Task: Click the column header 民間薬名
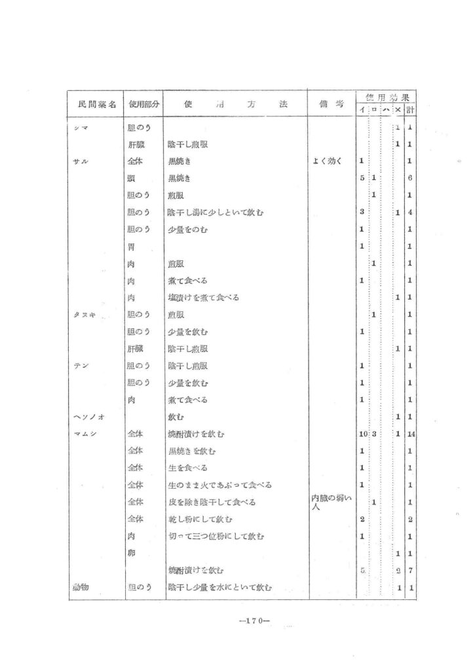click(x=97, y=104)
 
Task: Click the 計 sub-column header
click(x=409, y=109)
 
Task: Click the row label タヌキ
click(x=85, y=314)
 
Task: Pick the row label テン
click(x=81, y=365)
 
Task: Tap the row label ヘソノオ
click(x=86, y=416)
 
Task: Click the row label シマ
click(x=81, y=127)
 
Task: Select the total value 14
click(x=409, y=434)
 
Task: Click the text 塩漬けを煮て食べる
click(x=203, y=297)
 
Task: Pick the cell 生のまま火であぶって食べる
click(x=219, y=485)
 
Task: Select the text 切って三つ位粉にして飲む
click(x=216, y=536)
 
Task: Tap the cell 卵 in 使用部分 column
click(x=131, y=553)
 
